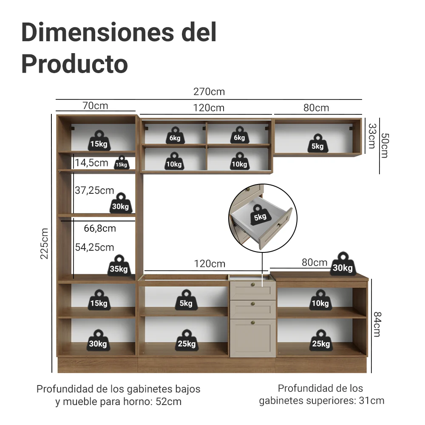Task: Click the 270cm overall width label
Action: (209, 92)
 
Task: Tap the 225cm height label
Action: (44, 244)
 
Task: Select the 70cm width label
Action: (95, 105)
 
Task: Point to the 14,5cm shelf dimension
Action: (91, 163)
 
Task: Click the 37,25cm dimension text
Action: (94, 190)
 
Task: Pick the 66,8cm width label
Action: (100, 228)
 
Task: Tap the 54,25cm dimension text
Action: (94, 247)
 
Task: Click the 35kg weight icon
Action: (119, 265)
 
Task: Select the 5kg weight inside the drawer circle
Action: (260, 215)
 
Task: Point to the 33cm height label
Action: (372, 136)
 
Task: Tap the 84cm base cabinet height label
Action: (377, 324)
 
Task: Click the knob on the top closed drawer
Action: (253, 285)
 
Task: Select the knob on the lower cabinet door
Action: (253, 323)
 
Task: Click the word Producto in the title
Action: (74, 64)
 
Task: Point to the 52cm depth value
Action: (168, 402)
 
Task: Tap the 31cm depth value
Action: (371, 400)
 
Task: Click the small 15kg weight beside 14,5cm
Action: (122, 163)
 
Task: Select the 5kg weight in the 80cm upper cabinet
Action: (317, 143)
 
